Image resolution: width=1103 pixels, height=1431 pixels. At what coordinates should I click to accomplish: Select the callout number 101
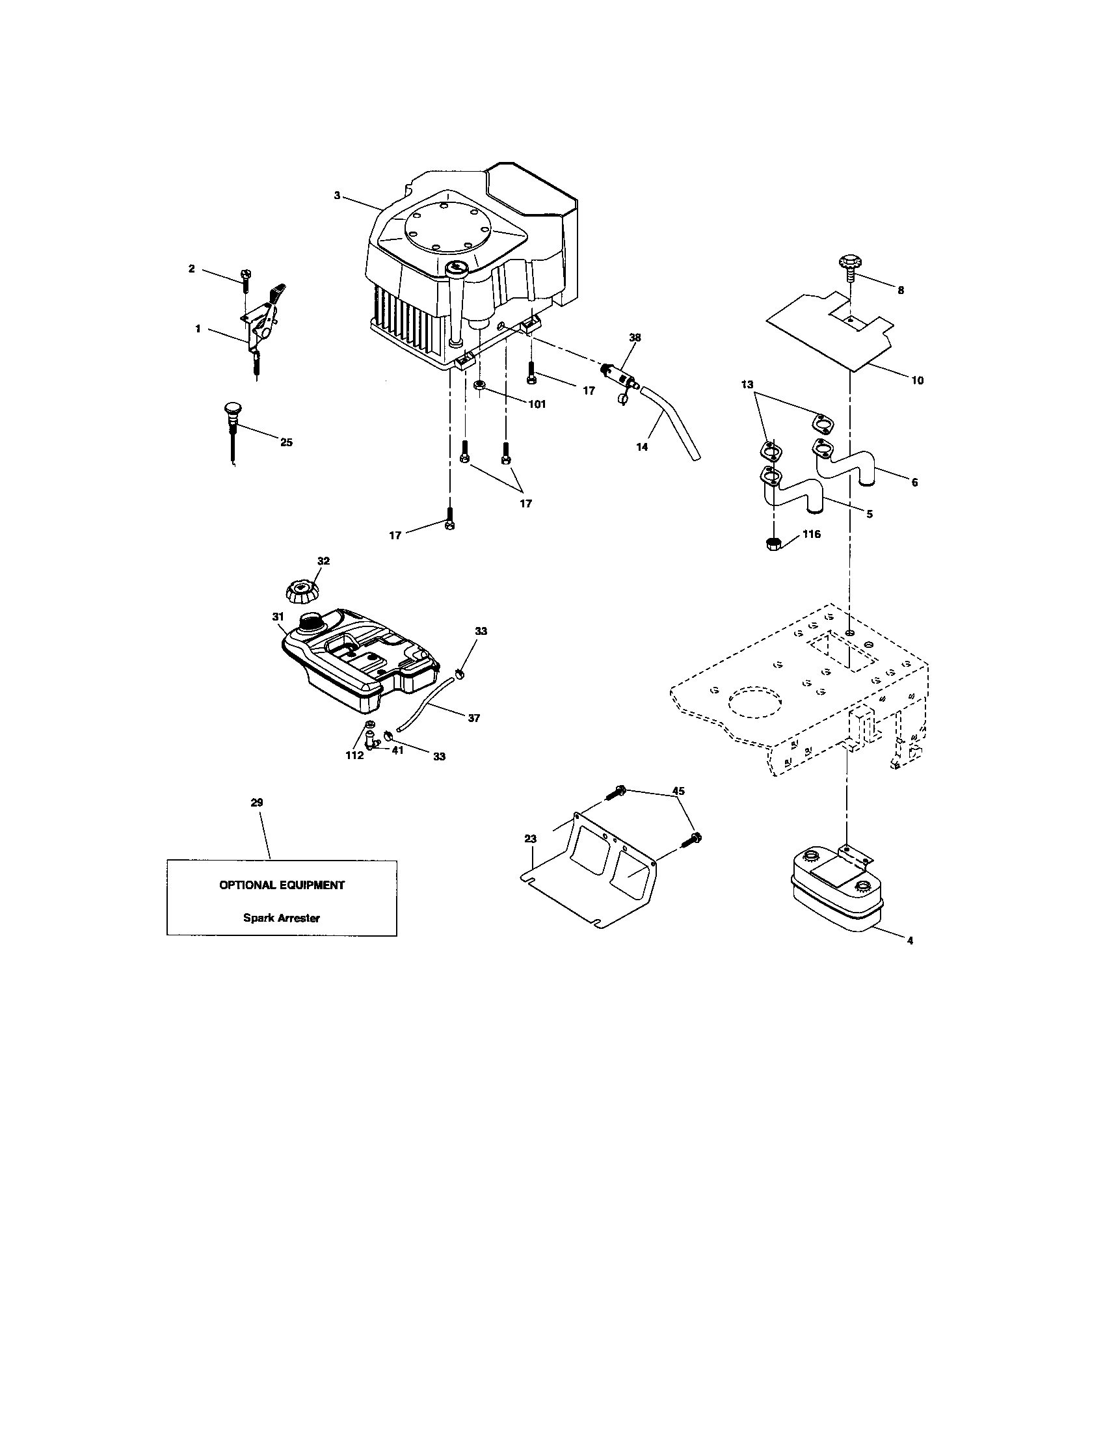click(x=537, y=405)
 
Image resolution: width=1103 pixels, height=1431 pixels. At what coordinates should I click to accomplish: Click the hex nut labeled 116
click(x=773, y=543)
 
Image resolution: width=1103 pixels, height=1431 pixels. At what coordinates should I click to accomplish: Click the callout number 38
click(x=635, y=338)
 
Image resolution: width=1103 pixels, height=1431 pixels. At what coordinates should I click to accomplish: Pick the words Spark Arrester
click(x=282, y=918)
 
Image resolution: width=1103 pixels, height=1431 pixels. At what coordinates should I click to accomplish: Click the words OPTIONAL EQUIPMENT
click(x=282, y=885)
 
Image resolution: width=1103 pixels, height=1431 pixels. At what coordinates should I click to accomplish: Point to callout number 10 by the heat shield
click(x=917, y=381)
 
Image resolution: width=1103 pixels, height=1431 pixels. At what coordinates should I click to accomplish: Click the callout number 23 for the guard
click(x=531, y=838)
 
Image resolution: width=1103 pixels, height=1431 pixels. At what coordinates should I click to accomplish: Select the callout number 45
click(x=678, y=792)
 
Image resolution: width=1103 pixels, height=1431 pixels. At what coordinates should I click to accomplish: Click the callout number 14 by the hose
click(x=642, y=447)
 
